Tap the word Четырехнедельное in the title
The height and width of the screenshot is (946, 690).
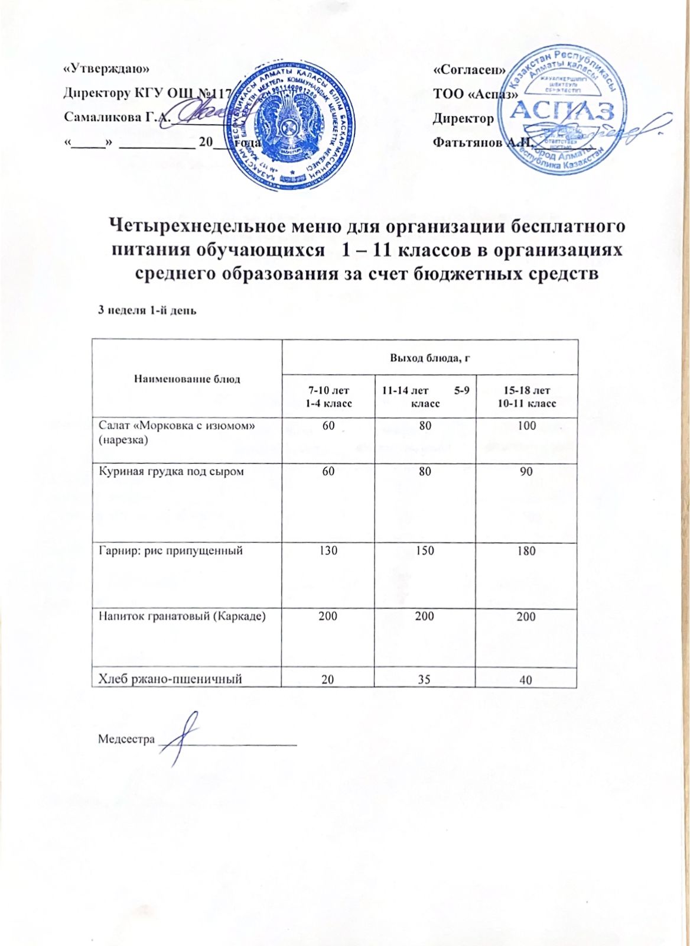[205, 226]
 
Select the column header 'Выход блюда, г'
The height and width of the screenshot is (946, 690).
[429, 357]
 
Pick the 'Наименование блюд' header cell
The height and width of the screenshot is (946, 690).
[187, 379]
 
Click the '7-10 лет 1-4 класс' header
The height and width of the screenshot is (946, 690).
[328, 397]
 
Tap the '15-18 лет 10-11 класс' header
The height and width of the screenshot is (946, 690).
[526, 397]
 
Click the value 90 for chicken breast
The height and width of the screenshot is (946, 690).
[526, 472]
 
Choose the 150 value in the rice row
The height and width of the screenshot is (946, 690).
[424, 551]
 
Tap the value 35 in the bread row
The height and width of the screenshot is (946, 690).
[424, 680]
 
